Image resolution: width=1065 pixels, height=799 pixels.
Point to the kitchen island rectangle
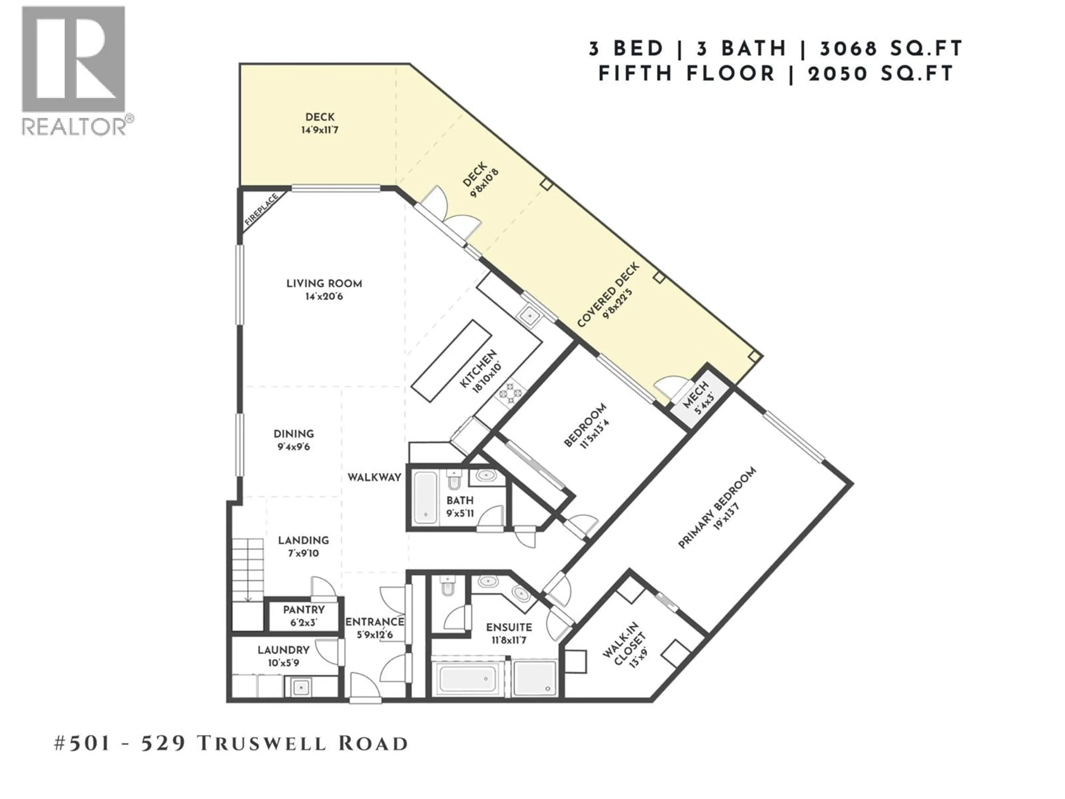click(451, 360)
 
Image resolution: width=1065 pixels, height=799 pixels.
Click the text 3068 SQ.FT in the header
click(891, 49)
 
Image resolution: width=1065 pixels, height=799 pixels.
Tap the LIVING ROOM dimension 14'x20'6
click(324, 297)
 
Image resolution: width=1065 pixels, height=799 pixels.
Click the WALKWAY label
click(374, 477)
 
